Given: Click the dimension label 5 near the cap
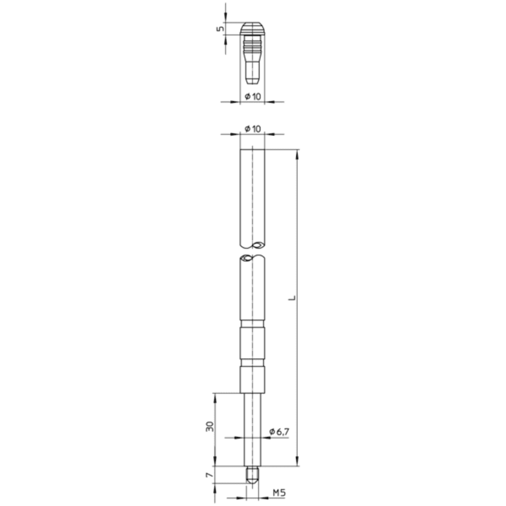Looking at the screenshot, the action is coord(220,28).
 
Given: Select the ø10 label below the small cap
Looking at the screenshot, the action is coord(252,96).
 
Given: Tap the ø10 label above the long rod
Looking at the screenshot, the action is coord(252,129).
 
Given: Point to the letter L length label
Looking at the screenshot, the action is coord(292,297).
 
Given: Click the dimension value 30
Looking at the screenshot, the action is coord(210,426).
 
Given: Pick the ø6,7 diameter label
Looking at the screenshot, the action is coord(280,431).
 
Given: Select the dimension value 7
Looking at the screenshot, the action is coord(210,475).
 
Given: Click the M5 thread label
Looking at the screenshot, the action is coord(279,493).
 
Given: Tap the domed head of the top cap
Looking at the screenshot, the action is coord(252,28).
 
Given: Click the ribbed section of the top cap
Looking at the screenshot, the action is coord(252,45).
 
